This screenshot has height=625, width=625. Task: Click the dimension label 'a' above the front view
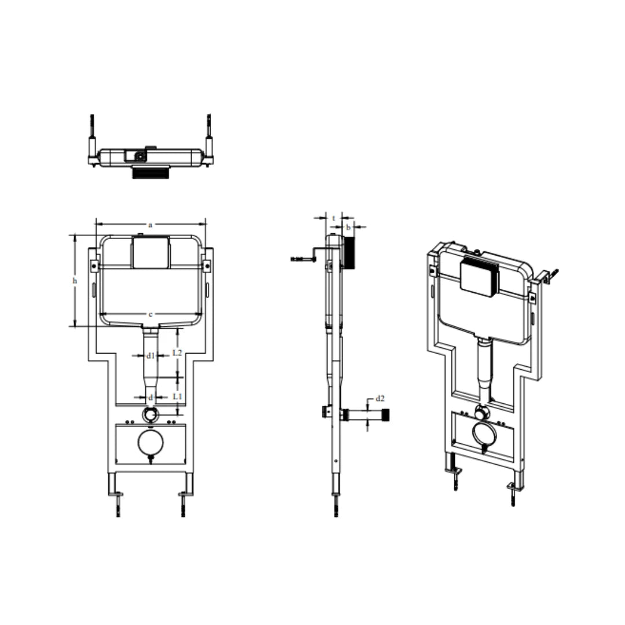(150, 225)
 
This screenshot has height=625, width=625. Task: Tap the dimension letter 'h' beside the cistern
(75, 281)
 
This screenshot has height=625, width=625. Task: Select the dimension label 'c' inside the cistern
(150, 314)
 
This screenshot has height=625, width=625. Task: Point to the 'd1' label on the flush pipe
(150, 355)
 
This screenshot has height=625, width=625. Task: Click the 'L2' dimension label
(178, 352)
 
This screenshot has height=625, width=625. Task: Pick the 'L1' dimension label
(178, 396)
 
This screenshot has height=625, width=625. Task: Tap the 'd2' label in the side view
(380, 398)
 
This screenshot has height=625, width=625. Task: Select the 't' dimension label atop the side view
(334, 218)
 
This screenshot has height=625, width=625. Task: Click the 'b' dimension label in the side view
(348, 227)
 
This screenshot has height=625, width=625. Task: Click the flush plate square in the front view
(150, 253)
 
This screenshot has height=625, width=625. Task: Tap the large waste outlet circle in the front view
(150, 443)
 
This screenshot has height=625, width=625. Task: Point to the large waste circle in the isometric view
(483, 434)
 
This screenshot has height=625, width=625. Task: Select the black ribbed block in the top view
(150, 172)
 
